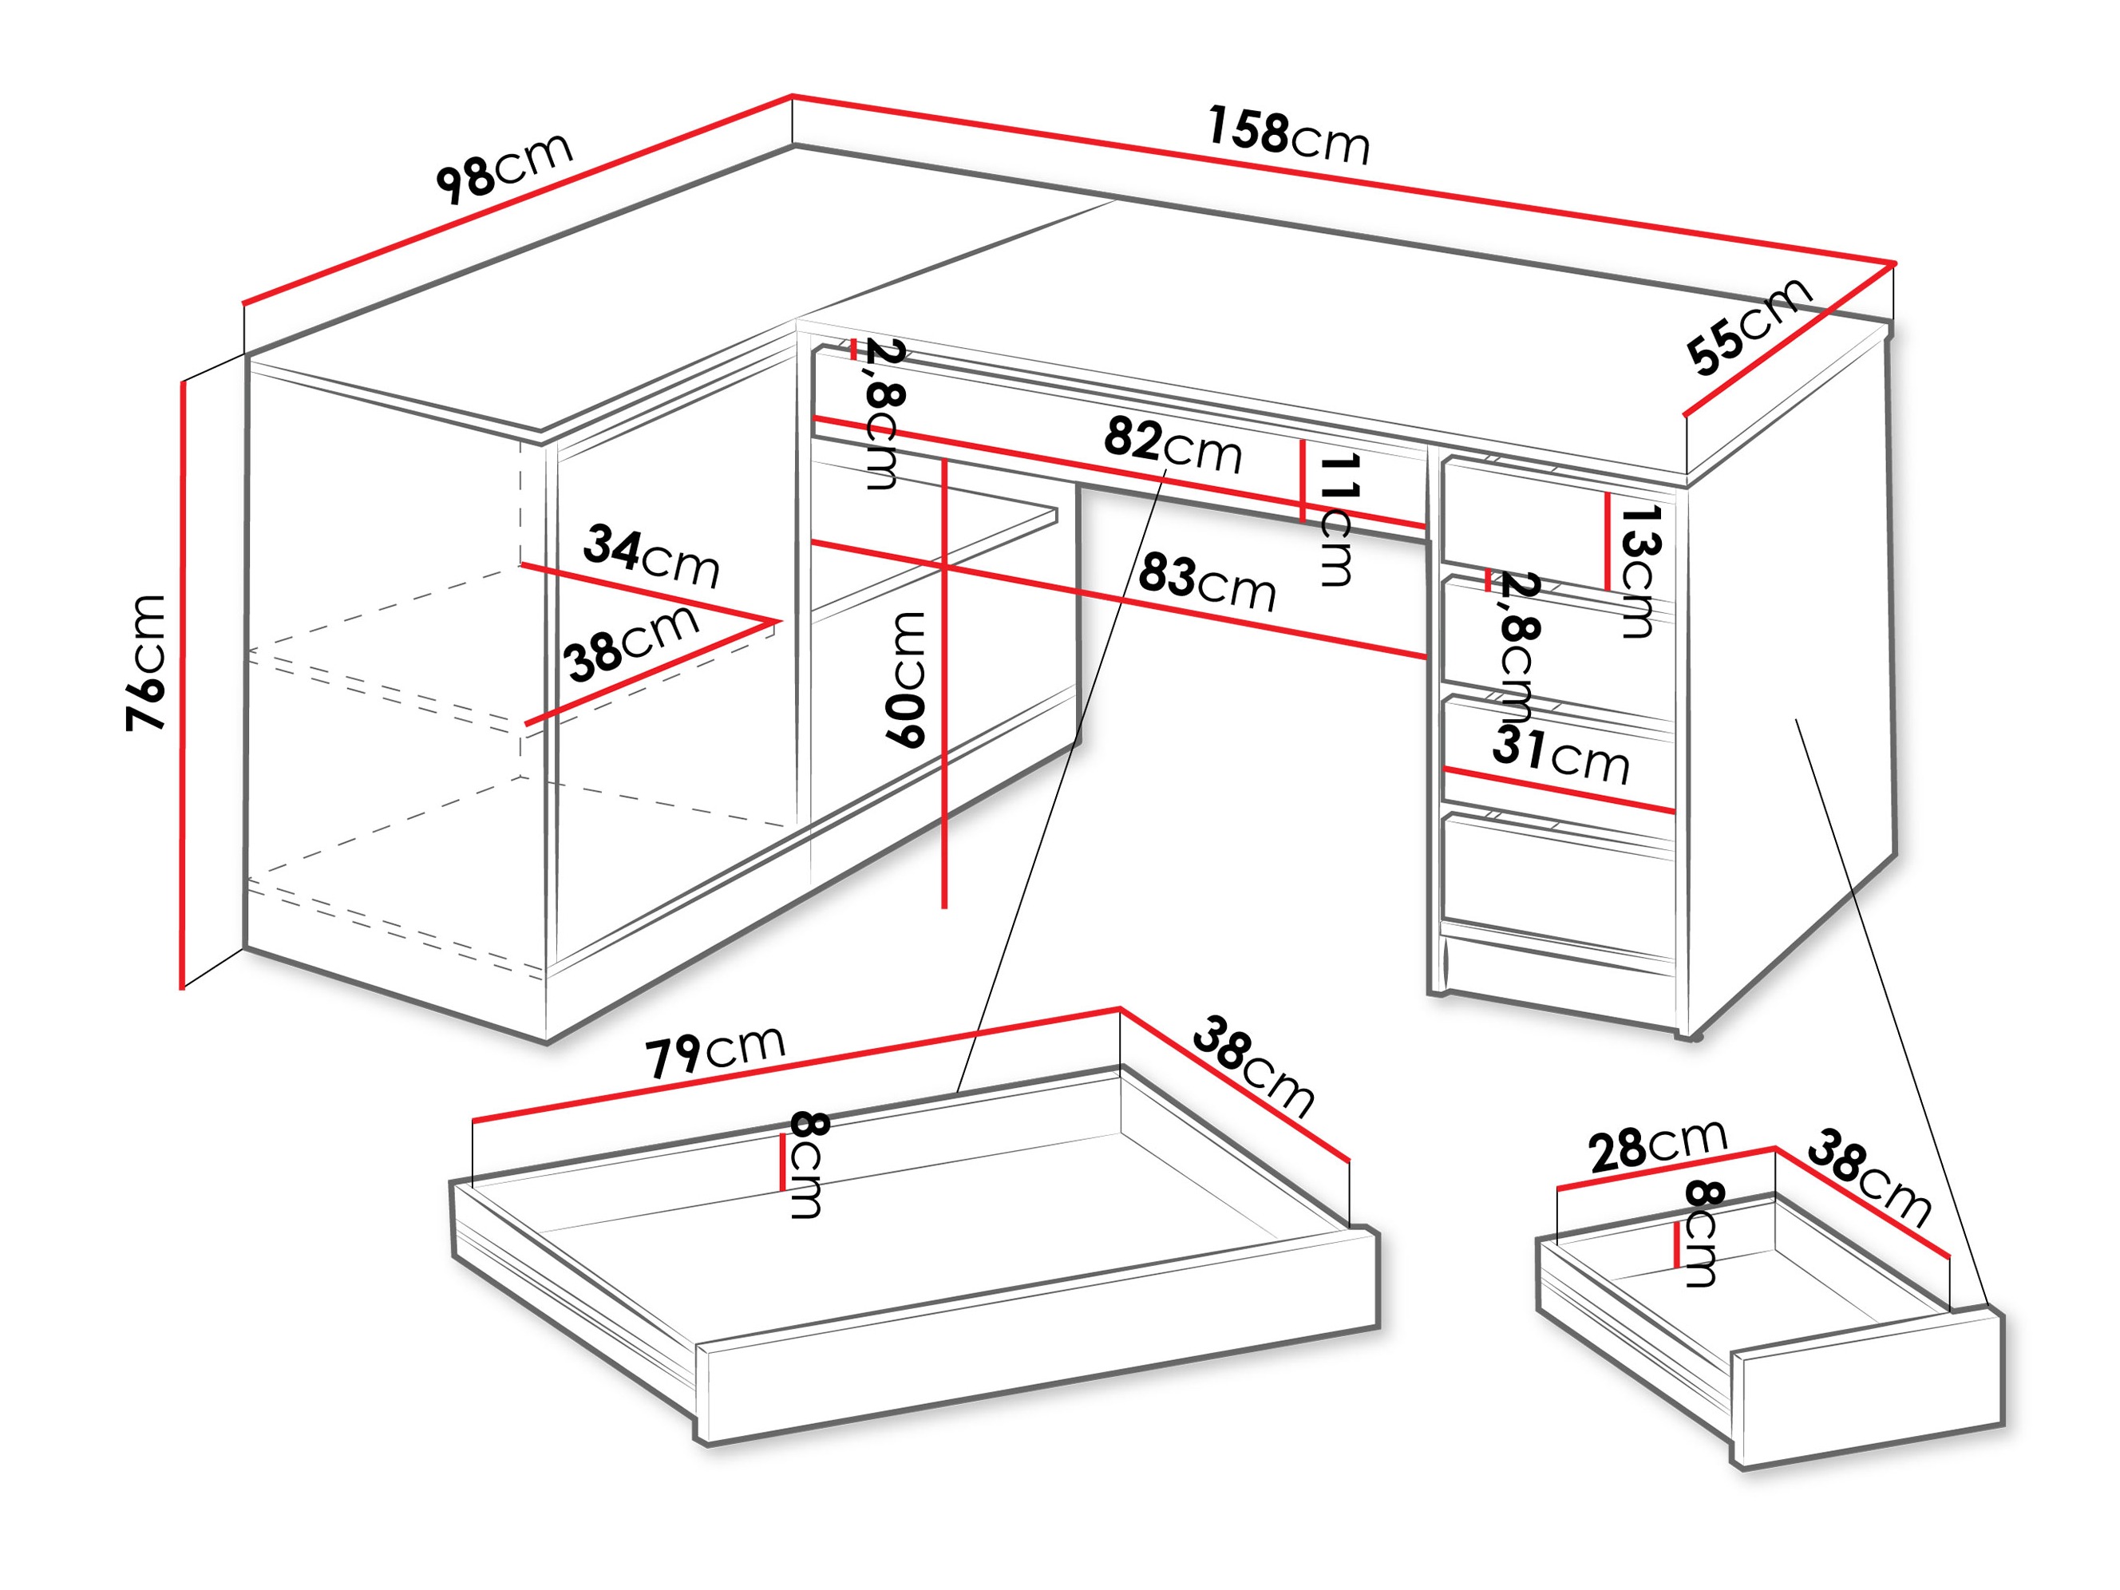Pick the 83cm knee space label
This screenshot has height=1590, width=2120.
point(1207,583)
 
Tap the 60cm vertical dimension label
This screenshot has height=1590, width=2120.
point(904,679)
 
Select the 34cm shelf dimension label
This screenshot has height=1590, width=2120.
point(651,555)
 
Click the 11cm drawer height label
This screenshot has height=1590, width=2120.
point(1336,520)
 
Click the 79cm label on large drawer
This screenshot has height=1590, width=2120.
point(714,1051)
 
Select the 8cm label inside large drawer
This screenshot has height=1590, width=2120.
point(805,1165)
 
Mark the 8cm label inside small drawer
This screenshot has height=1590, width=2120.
point(1702,1233)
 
